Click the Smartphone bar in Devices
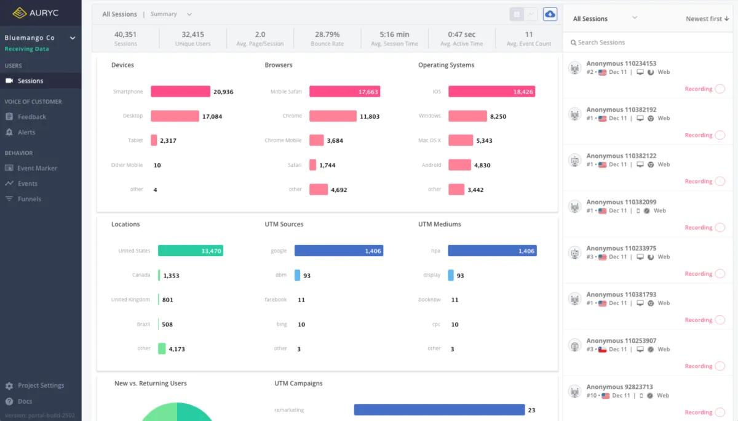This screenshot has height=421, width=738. click(x=180, y=92)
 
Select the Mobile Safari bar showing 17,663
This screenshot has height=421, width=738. click(x=344, y=92)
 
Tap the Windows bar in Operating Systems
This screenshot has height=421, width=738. click(x=467, y=116)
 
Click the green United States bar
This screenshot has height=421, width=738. click(x=190, y=251)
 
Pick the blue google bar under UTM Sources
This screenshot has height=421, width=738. click(x=338, y=251)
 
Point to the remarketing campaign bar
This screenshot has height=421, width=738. click(x=439, y=410)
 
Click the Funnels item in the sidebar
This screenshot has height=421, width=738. click(x=29, y=199)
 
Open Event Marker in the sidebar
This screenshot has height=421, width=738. click(x=37, y=168)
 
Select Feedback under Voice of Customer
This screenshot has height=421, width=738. click(x=31, y=117)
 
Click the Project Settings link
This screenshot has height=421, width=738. click(x=41, y=385)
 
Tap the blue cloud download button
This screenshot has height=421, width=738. click(x=550, y=14)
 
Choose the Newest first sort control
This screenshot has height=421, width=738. click(x=707, y=18)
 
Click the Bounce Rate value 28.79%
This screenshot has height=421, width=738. click(x=327, y=34)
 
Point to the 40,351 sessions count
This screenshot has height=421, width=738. click(x=125, y=34)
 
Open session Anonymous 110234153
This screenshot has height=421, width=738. click(x=621, y=63)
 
